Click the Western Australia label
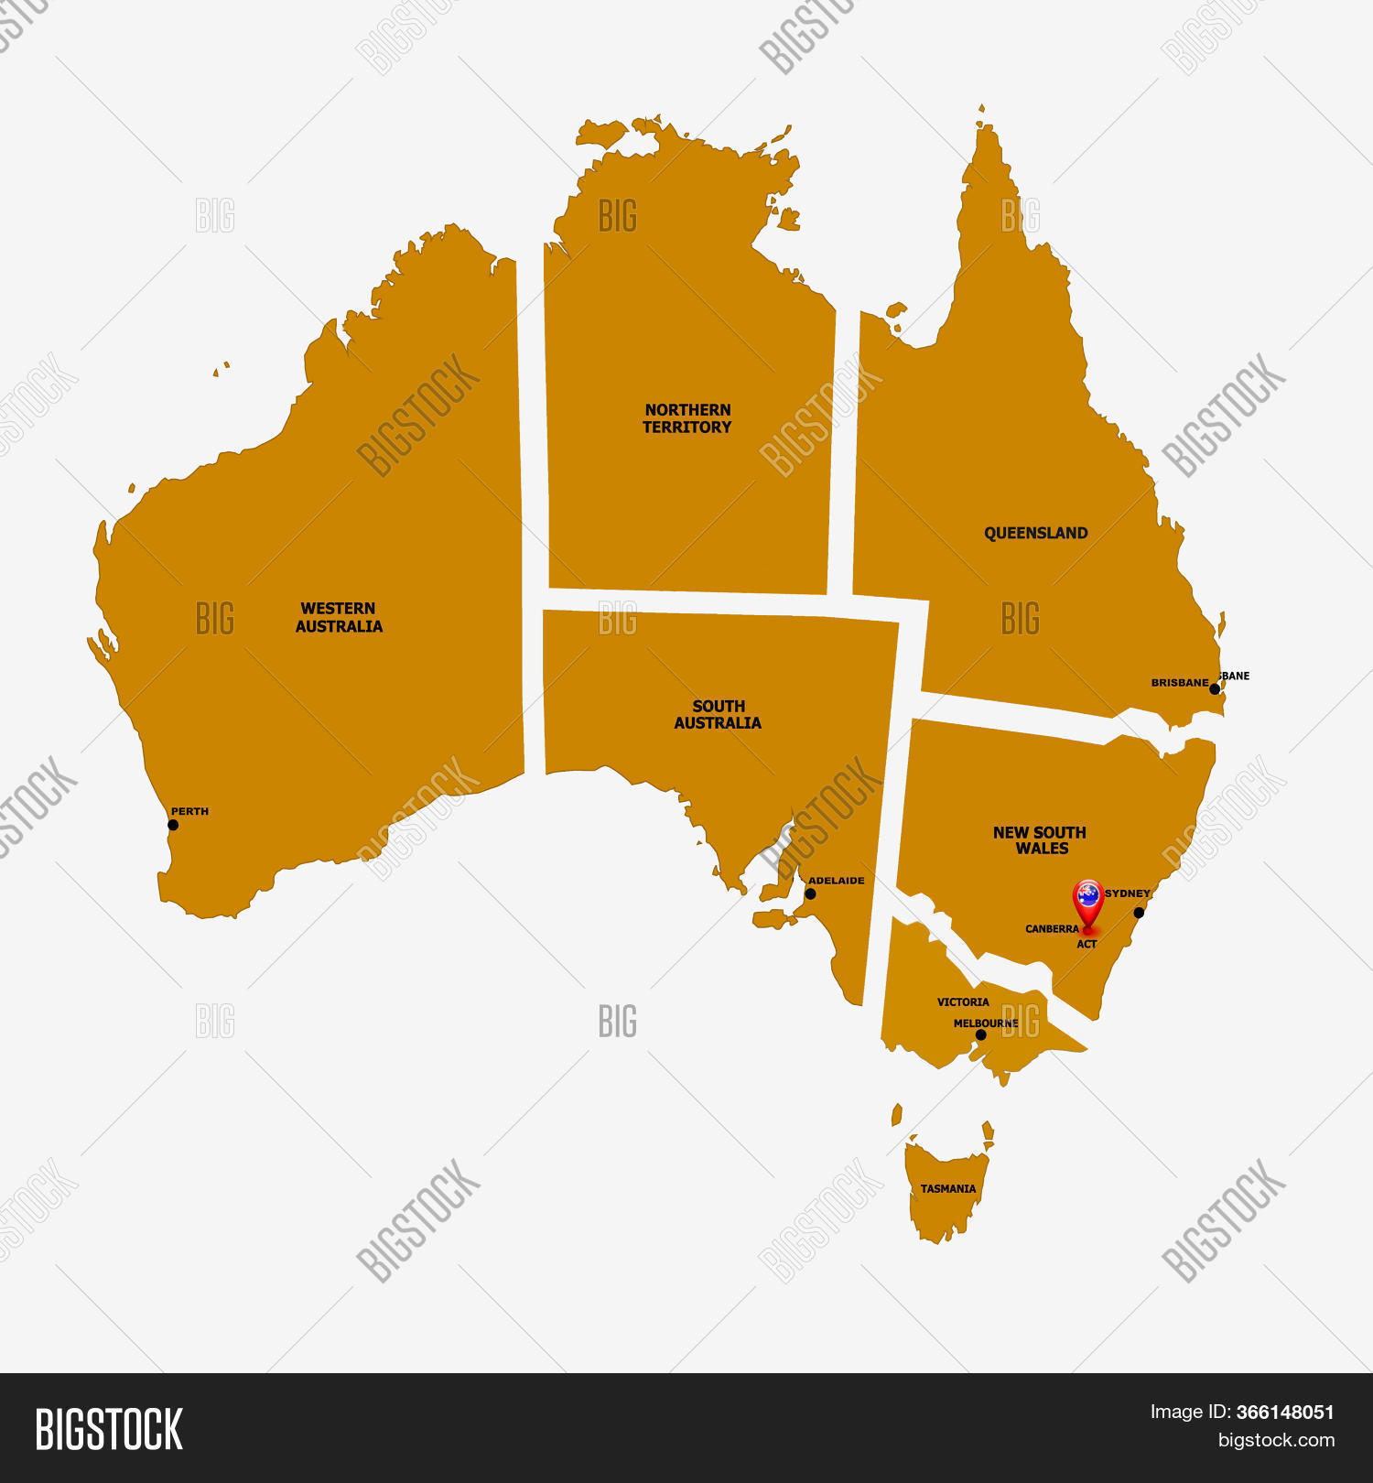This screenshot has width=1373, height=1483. tap(339, 618)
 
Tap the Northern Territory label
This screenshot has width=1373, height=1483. tap(687, 418)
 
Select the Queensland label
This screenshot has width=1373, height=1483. tap(1035, 533)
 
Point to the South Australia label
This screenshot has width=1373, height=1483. tap(718, 714)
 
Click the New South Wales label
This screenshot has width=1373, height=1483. tap(1040, 840)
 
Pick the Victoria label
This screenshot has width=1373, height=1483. tap(963, 1002)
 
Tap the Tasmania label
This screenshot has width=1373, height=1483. tap(948, 1189)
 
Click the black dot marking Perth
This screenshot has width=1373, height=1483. tap(173, 825)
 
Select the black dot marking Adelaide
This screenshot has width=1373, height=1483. tap(810, 893)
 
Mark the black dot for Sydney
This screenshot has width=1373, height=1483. tap(1139, 913)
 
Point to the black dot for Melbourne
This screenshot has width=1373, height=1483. tap(981, 1035)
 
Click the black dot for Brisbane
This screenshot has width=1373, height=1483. tap(1215, 688)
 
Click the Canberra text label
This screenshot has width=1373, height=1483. tap(1052, 929)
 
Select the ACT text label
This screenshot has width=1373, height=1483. tap(1087, 945)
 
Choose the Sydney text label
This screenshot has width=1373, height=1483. tap(1127, 893)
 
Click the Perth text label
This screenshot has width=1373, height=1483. tap(189, 812)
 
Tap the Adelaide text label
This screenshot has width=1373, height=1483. tap(836, 881)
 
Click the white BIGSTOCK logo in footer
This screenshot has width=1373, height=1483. tap(109, 1429)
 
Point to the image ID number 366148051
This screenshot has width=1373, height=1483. tap(1285, 1413)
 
